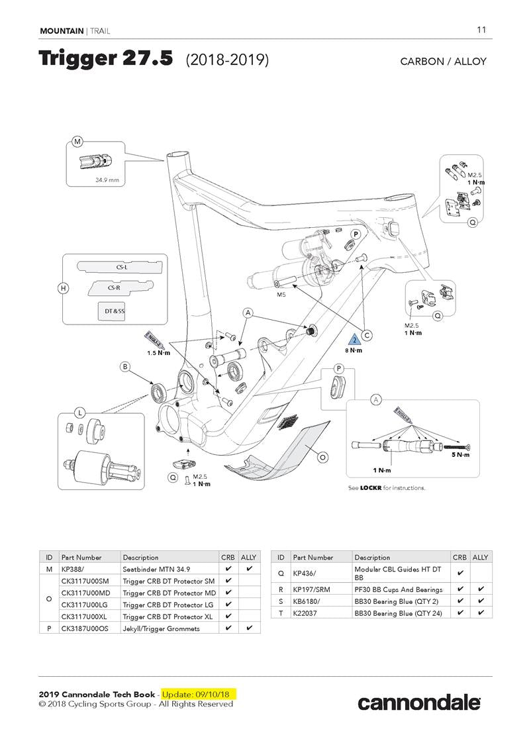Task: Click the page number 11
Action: tap(481, 30)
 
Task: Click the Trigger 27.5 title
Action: tap(106, 59)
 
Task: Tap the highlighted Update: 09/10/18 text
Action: tap(197, 694)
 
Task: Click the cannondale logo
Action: tap(419, 702)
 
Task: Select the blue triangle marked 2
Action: tap(354, 340)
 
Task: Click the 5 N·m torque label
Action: tap(461, 454)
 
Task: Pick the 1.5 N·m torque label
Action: tap(159, 353)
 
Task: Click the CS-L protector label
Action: tap(122, 268)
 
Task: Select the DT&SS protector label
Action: tap(115, 310)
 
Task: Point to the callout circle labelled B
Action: tap(124, 366)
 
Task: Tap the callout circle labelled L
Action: tap(80, 413)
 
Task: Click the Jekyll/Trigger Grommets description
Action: tap(161, 628)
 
